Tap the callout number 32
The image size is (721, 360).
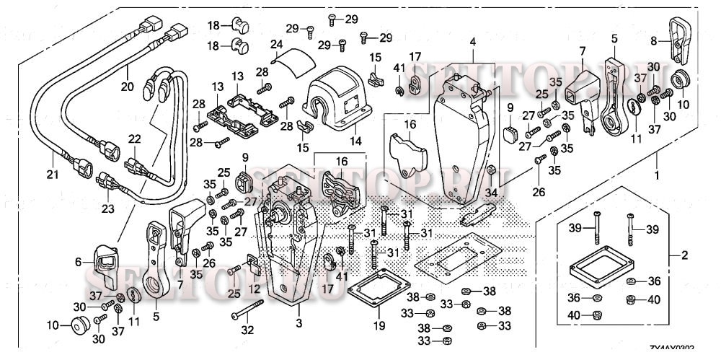pos(248,331)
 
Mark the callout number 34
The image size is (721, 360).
pos(492,193)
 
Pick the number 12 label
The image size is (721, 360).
pos(254,289)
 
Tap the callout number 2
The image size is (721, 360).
pos(686,255)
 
